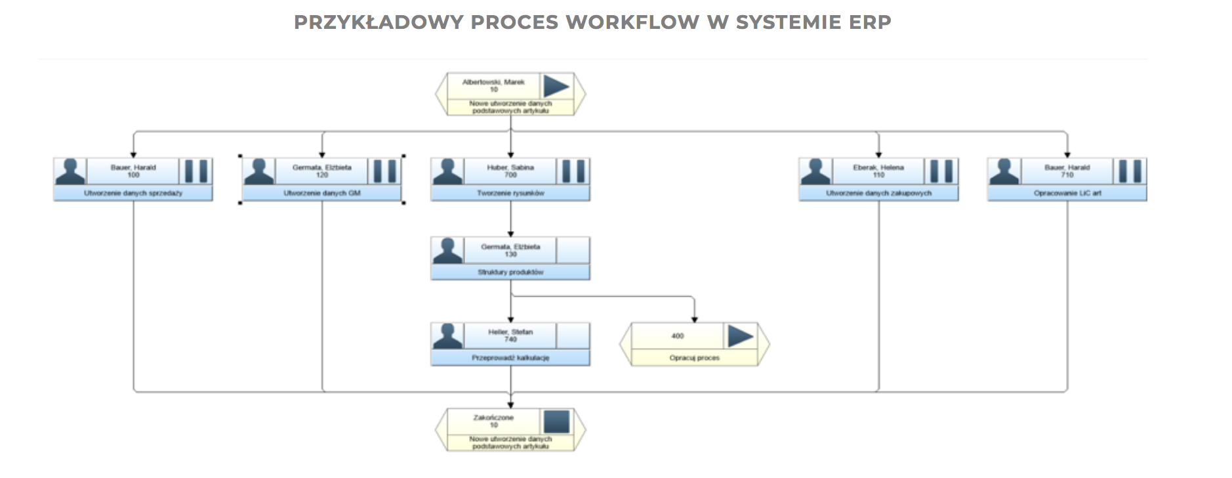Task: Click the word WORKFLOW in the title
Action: (x=632, y=22)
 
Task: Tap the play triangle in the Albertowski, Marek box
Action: (x=556, y=86)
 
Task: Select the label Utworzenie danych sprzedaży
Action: (x=133, y=193)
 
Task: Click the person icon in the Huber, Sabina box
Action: (x=447, y=171)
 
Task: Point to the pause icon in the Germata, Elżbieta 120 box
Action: (x=384, y=171)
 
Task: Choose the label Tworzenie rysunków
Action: (x=510, y=193)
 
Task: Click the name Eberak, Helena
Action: (x=878, y=167)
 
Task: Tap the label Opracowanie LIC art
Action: (x=1067, y=193)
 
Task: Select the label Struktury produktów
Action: (x=510, y=272)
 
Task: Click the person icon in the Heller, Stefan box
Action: (x=447, y=336)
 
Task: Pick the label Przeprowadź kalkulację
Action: (x=510, y=358)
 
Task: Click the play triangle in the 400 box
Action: (x=739, y=336)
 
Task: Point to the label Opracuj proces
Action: (x=694, y=358)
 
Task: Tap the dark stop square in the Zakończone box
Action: (x=556, y=422)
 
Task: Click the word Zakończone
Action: (x=493, y=418)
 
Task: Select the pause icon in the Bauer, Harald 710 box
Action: (x=1130, y=171)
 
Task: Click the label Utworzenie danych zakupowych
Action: (x=878, y=193)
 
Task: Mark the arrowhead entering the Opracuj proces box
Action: (x=694, y=319)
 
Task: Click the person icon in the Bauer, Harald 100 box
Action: (x=70, y=171)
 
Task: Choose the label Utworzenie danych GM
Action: (x=321, y=193)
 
